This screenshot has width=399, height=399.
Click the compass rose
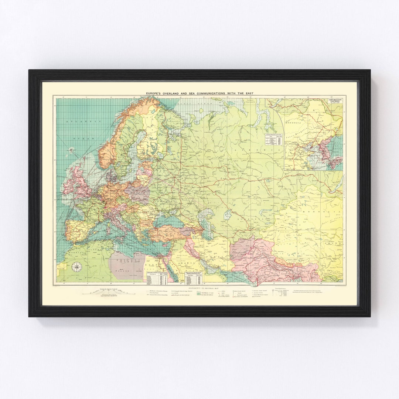click(77, 266)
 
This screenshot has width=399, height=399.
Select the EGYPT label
click(150, 265)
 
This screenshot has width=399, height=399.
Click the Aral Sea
click(227, 215)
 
